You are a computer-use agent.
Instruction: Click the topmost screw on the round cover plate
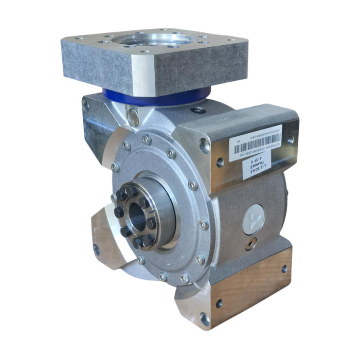point(147,139)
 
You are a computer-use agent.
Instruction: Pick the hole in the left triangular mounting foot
point(96,249)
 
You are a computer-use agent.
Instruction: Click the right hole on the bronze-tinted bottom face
point(284,268)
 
